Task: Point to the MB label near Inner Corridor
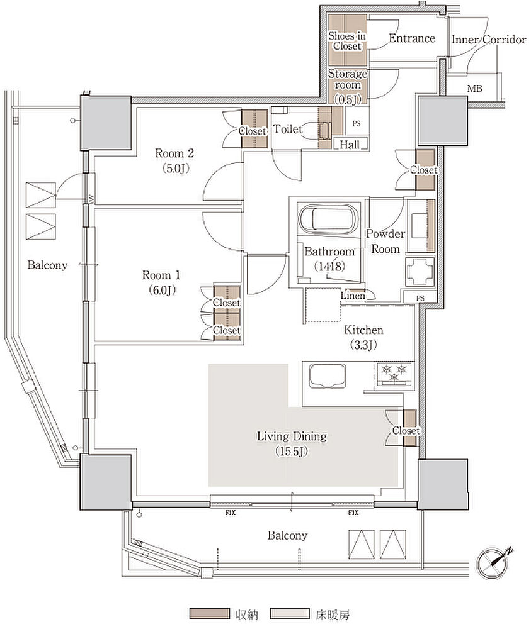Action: click(474, 88)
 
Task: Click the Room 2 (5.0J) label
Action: click(174, 160)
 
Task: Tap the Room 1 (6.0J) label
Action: click(162, 282)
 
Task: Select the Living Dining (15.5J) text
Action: click(292, 443)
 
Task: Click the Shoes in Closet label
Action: click(346, 41)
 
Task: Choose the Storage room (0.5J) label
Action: click(348, 86)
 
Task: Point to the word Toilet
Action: click(288, 129)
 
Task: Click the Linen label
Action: click(353, 296)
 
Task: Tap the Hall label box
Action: click(350, 144)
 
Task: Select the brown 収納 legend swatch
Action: click(209, 614)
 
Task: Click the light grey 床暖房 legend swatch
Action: click(290, 614)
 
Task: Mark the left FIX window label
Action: click(230, 513)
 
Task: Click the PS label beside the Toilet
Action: click(357, 123)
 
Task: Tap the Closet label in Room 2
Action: click(253, 131)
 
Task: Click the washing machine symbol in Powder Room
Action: click(420, 272)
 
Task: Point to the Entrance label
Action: click(412, 38)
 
